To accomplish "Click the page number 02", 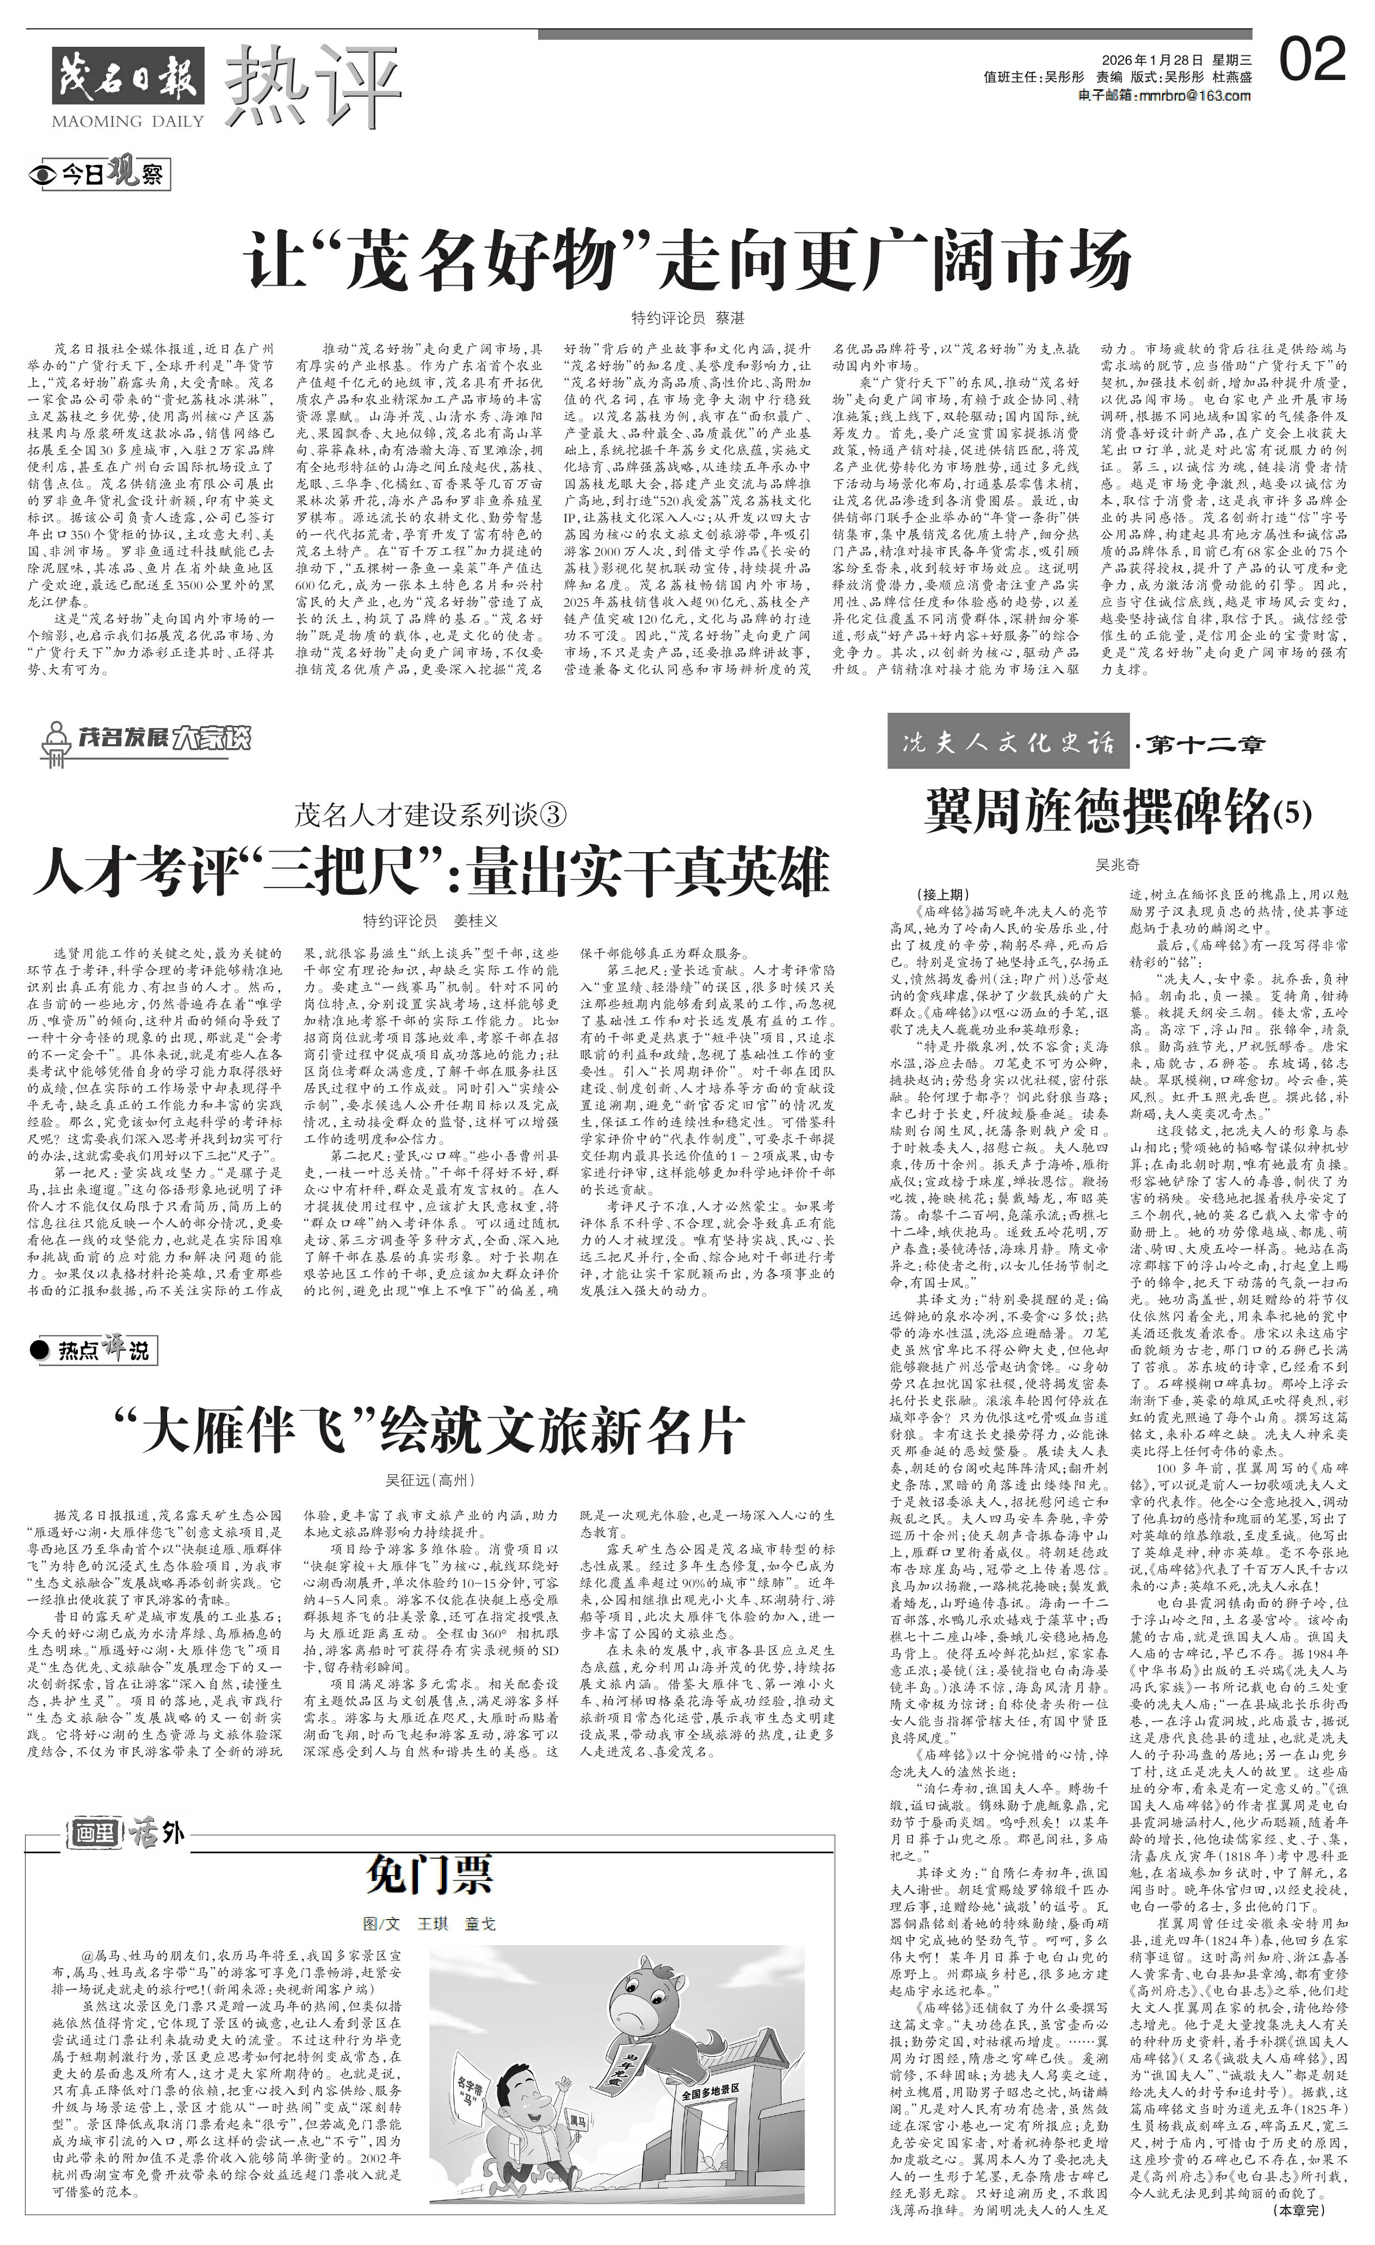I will [x=1312, y=60].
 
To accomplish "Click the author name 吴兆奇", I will [x=1117, y=864].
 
